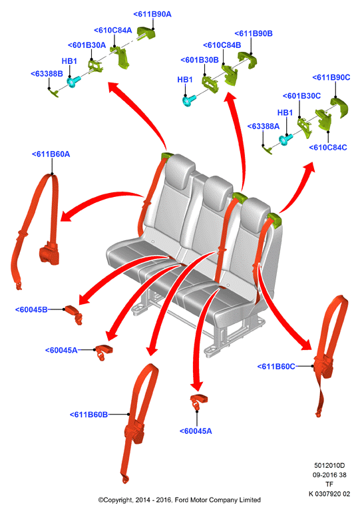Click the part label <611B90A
coord(152,14)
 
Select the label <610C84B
coord(222,45)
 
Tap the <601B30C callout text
coord(301,96)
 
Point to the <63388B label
coord(47,74)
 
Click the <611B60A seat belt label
coord(51,154)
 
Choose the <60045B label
coord(31,309)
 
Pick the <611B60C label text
coord(276,367)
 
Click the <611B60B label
coord(89,415)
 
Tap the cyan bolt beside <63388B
coord(73,81)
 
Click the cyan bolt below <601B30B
coord(189,100)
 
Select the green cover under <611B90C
coord(339,107)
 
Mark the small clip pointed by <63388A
coord(267,150)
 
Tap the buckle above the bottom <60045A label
coord(199,401)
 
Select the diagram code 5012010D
coord(329,465)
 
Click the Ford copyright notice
coord(180,500)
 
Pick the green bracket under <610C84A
coord(120,57)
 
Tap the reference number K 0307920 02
coord(329,494)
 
